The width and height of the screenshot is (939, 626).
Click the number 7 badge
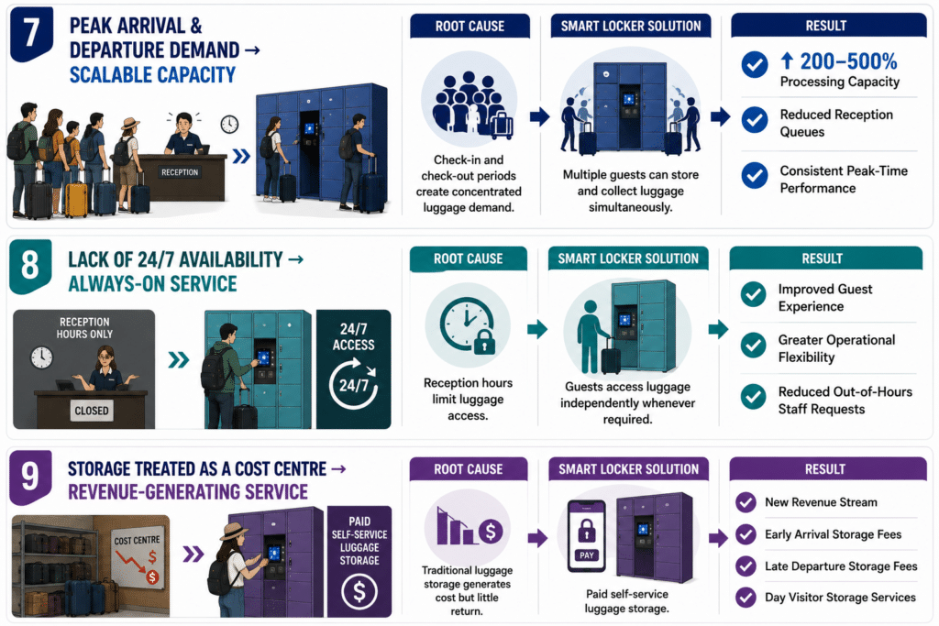tap(31, 34)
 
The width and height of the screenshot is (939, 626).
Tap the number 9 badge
tap(30, 477)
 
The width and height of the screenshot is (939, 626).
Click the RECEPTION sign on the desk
tap(179, 172)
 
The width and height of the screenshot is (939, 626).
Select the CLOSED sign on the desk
tap(92, 411)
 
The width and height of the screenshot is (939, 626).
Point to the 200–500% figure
tap(848, 61)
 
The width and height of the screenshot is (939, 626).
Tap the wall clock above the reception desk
tap(229, 125)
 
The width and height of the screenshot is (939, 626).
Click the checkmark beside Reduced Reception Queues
tap(755, 120)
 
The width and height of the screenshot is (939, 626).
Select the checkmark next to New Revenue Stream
tap(746, 502)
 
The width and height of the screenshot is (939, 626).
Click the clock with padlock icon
tap(468, 325)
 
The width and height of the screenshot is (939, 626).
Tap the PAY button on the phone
tap(586, 555)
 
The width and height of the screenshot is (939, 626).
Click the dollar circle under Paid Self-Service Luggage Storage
tap(359, 591)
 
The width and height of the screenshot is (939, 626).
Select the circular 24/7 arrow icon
tap(353, 384)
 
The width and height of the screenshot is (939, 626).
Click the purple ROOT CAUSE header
tap(469, 469)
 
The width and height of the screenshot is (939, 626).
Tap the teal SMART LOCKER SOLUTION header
tap(628, 258)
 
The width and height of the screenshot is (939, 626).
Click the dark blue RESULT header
tap(826, 26)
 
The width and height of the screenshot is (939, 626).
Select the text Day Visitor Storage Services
tap(840, 598)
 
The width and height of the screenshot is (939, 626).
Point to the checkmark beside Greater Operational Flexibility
tap(754, 346)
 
